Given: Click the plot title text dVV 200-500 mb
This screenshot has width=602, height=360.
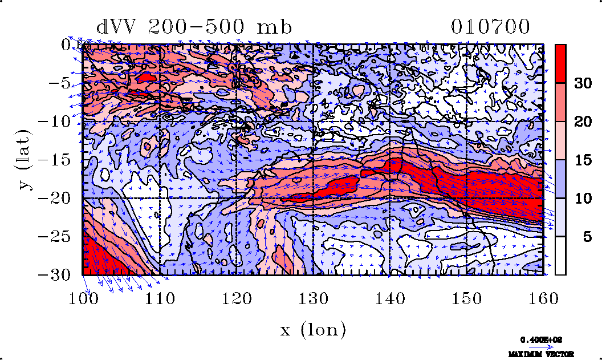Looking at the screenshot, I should coord(194,27).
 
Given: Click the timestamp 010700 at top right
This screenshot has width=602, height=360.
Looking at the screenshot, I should coord(490,27).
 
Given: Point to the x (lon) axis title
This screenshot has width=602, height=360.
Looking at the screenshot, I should coord(313,329).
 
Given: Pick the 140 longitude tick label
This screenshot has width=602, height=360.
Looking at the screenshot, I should coord(390,297).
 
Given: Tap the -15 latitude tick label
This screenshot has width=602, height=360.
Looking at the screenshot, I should coord(56,160).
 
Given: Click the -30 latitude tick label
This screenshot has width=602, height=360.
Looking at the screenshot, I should coord(56,275).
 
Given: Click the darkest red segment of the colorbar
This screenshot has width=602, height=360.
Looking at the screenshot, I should coord(560,63).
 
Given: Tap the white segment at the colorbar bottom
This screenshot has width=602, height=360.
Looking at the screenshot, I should coord(560,256).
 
